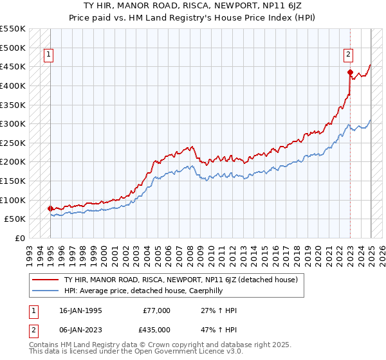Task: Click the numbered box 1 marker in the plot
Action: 49,55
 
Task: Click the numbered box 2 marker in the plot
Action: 347,55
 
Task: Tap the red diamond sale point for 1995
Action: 50,208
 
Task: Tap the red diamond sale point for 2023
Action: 350,72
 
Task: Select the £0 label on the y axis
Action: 20,238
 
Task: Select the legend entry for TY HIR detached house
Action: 180,280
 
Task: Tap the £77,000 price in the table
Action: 157,310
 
